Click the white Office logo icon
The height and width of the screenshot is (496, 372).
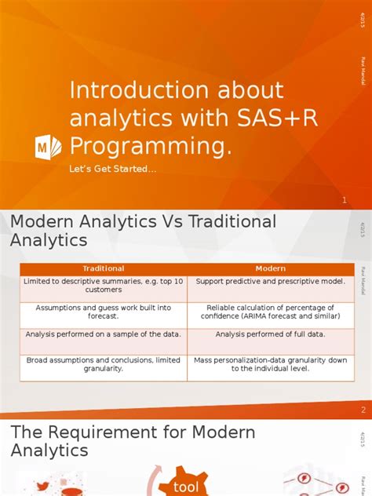[x=48, y=147]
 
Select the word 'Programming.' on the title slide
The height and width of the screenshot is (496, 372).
[x=151, y=146]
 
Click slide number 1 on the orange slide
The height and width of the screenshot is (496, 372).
[x=344, y=201]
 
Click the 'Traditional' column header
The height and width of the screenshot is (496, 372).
[x=104, y=269]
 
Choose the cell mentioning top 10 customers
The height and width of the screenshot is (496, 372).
[x=104, y=286]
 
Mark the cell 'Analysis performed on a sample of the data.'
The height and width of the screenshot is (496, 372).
[x=104, y=334]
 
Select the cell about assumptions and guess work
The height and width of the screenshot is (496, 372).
[x=104, y=312]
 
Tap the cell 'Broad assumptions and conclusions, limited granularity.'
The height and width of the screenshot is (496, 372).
[x=104, y=364]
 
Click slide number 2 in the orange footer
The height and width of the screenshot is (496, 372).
[x=363, y=410]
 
